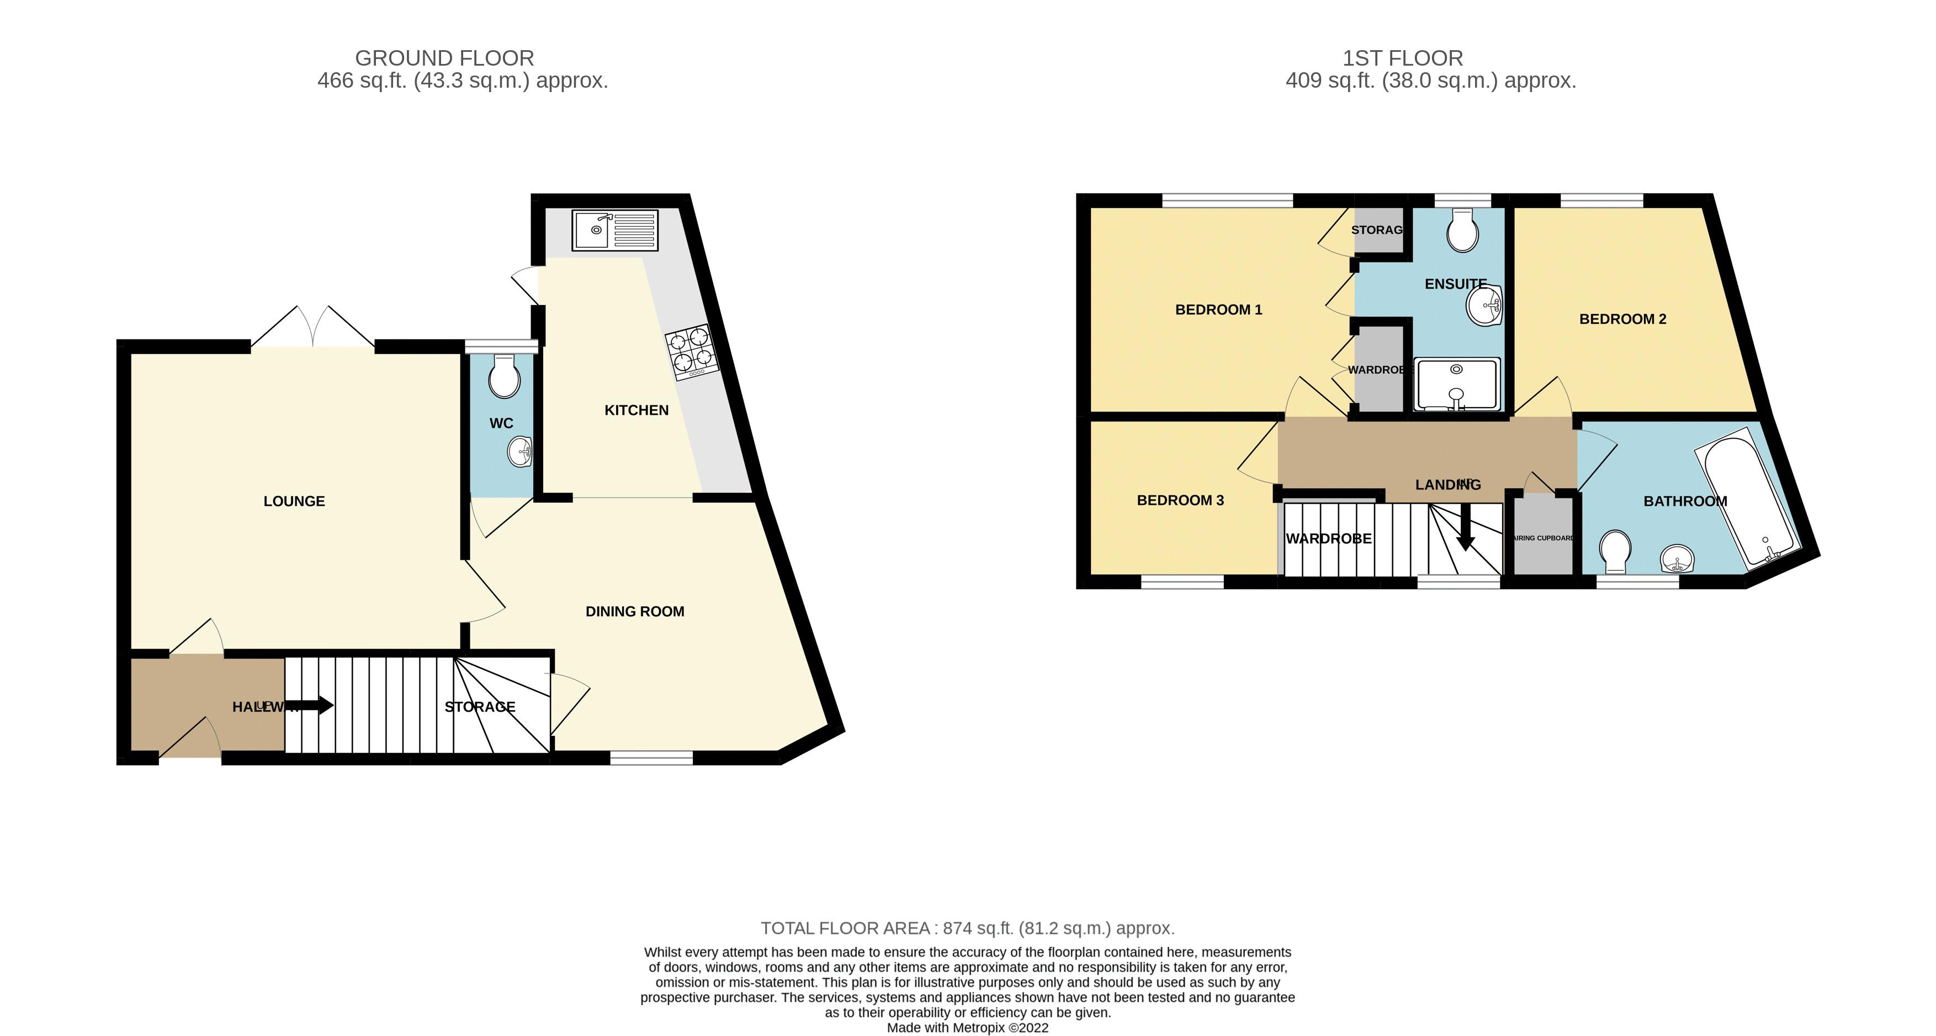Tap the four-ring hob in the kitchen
point(691,350)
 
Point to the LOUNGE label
point(294,501)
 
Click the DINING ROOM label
point(634,612)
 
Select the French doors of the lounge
point(312,328)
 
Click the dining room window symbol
point(651,759)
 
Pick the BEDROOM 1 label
point(1218,309)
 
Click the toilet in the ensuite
point(1462,231)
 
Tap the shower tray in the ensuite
point(1456,385)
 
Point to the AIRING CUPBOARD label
point(1543,538)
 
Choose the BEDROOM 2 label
point(1622,319)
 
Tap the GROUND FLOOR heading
point(444,58)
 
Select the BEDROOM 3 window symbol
point(1182,582)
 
